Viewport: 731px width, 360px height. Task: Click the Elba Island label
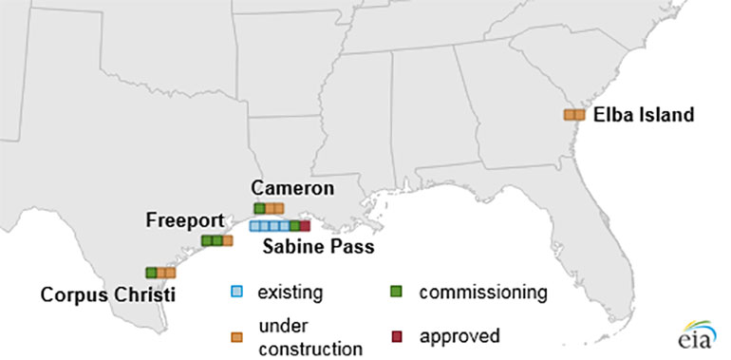click(644, 115)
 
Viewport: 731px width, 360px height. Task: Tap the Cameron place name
click(292, 188)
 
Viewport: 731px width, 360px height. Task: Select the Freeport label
click(184, 221)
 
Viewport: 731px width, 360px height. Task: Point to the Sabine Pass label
click(318, 247)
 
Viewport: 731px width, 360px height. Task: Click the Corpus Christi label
click(107, 294)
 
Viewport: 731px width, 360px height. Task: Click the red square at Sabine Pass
click(305, 226)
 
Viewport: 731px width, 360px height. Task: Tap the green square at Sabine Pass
click(294, 226)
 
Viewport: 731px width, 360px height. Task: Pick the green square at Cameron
click(259, 208)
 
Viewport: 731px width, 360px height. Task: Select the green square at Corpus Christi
click(150, 273)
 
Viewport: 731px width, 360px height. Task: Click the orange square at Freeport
click(227, 241)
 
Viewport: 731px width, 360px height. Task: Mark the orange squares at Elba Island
click(573, 115)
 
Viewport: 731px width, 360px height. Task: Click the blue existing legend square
click(236, 292)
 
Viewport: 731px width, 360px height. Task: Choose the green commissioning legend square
click(398, 292)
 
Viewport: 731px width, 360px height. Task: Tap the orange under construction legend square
click(236, 336)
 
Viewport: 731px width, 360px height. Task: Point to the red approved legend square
click(398, 336)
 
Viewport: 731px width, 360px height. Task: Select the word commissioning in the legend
click(483, 292)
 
